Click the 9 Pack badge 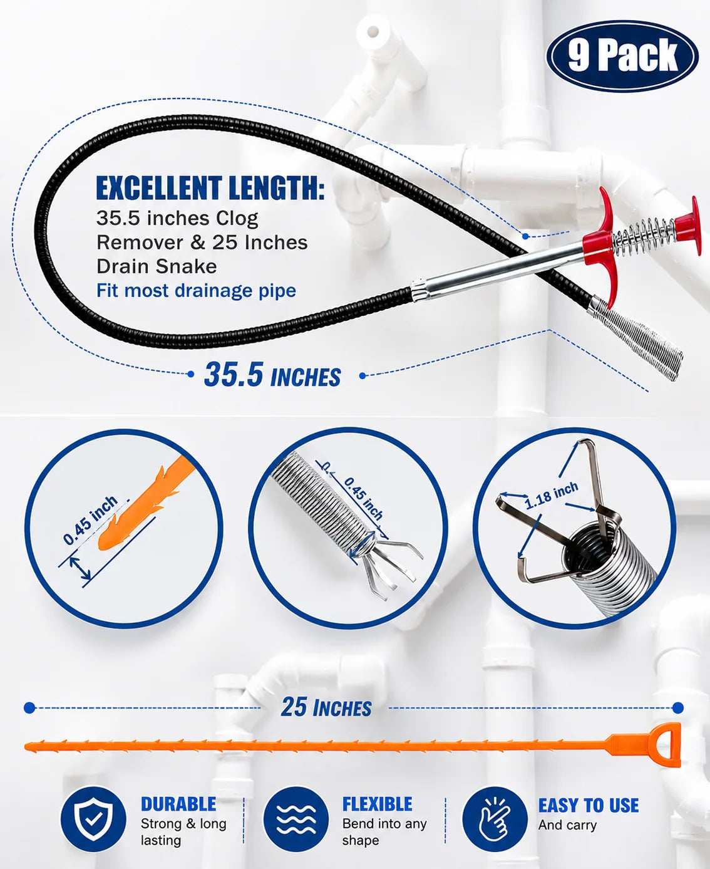pos(622,56)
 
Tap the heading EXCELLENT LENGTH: pos(210,188)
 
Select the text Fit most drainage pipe pos(196,291)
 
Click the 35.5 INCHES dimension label pos(272,375)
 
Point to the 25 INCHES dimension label pos(326,707)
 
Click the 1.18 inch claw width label pos(552,496)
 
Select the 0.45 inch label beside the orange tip pos(91,520)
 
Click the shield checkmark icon pos(93,819)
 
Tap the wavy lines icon pos(296,819)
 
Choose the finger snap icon pos(495,819)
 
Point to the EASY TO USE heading pos(589,805)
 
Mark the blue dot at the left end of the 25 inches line pos(29,708)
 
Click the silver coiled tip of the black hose pos(635,338)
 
